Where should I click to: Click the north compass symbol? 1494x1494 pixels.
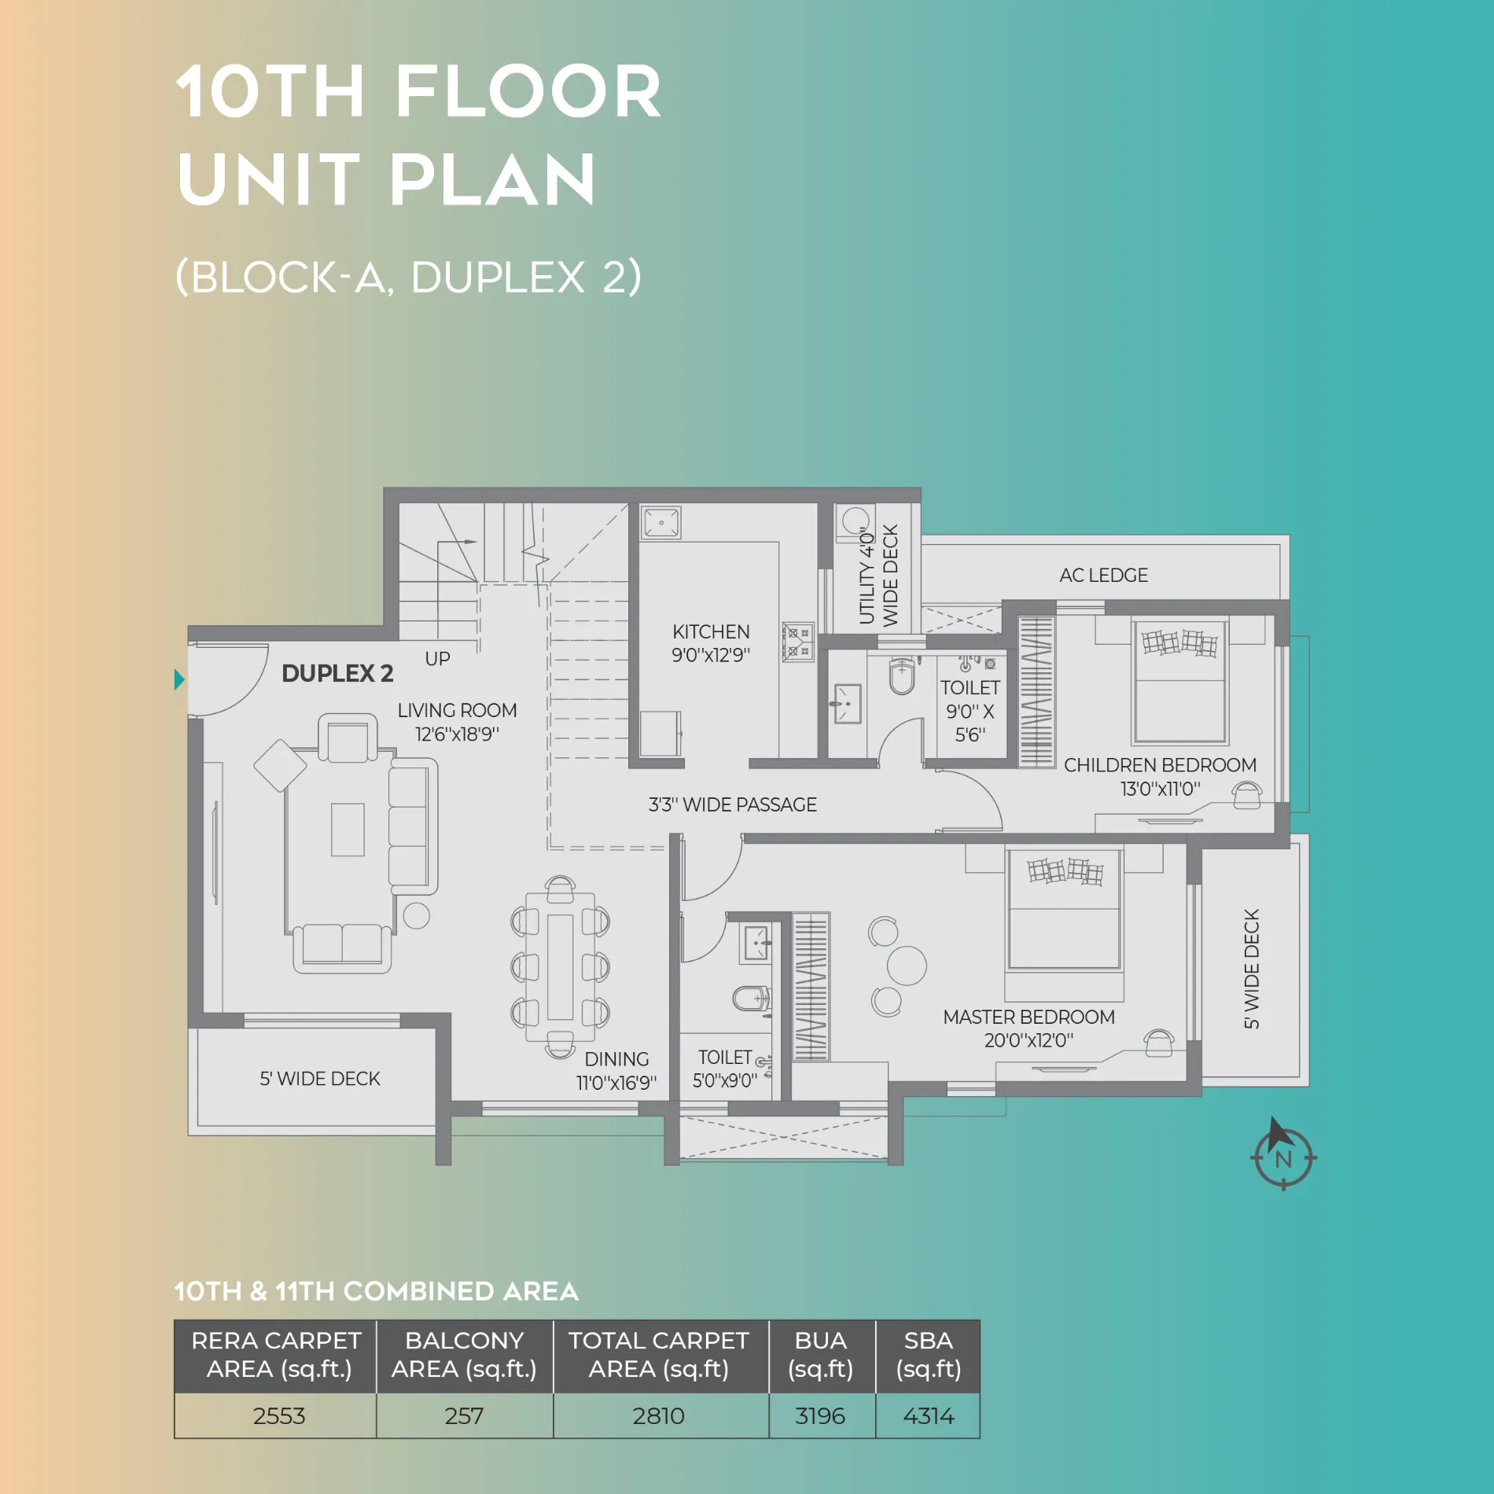[1283, 1155]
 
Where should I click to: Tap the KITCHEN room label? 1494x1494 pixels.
[711, 631]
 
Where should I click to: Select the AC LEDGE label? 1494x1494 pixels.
[1103, 575]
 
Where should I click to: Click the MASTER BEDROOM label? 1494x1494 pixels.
[1029, 1017]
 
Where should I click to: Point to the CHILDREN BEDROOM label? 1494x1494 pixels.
[1160, 765]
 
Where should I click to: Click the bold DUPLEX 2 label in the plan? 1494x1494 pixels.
[337, 673]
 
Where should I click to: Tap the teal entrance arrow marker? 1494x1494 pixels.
[179, 679]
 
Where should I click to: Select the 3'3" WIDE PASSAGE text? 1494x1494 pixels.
[732, 804]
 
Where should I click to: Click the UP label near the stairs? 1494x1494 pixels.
[437, 659]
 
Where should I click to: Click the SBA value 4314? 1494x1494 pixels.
[928, 1415]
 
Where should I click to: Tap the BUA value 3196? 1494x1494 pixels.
[821, 1415]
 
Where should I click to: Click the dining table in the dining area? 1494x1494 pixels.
[560, 966]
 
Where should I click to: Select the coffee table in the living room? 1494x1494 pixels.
[348, 830]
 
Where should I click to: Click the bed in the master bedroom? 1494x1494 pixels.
[1064, 911]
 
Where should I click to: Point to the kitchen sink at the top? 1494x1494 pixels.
[661, 522]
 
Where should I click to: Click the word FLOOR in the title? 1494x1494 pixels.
[528, 92]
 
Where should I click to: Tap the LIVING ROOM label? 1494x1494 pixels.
[457, 710]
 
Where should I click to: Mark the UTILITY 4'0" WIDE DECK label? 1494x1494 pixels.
[878, 575]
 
